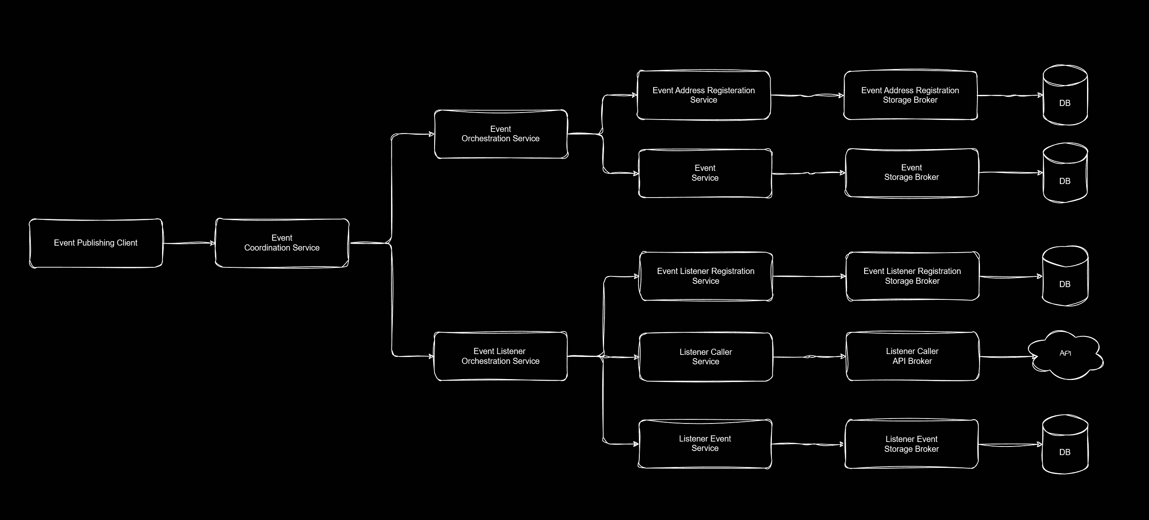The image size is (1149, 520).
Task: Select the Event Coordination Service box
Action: click(x=282, y=243)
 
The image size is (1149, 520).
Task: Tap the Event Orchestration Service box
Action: click(x=501, y=134)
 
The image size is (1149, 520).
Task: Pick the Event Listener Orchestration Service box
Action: click(x=501, y=356)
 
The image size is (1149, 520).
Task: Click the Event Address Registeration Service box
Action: click(x=703, y=95)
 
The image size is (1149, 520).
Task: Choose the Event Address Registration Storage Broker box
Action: click(x=910, y=95)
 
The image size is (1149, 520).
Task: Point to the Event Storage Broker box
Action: click(x=911, y=173)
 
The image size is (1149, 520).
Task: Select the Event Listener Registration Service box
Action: click(x=706, y=276)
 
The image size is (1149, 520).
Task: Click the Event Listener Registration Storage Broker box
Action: click(x=912, y=276)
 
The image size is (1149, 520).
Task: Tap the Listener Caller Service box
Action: click(x=706, y=357)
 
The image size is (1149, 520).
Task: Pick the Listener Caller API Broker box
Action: click(x=912, y=356)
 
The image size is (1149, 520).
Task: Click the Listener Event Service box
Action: click(x=705, y=444)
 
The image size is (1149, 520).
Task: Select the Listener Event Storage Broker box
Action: click(x=911, y=444)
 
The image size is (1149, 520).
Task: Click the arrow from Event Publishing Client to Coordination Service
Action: click(x=189, y=243)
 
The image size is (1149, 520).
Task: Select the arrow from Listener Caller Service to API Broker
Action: click(x=809, y=357)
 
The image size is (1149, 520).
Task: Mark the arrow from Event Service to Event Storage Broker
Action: click(x=808, y=173)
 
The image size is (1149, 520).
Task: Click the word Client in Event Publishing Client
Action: click(x=127, y=243)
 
